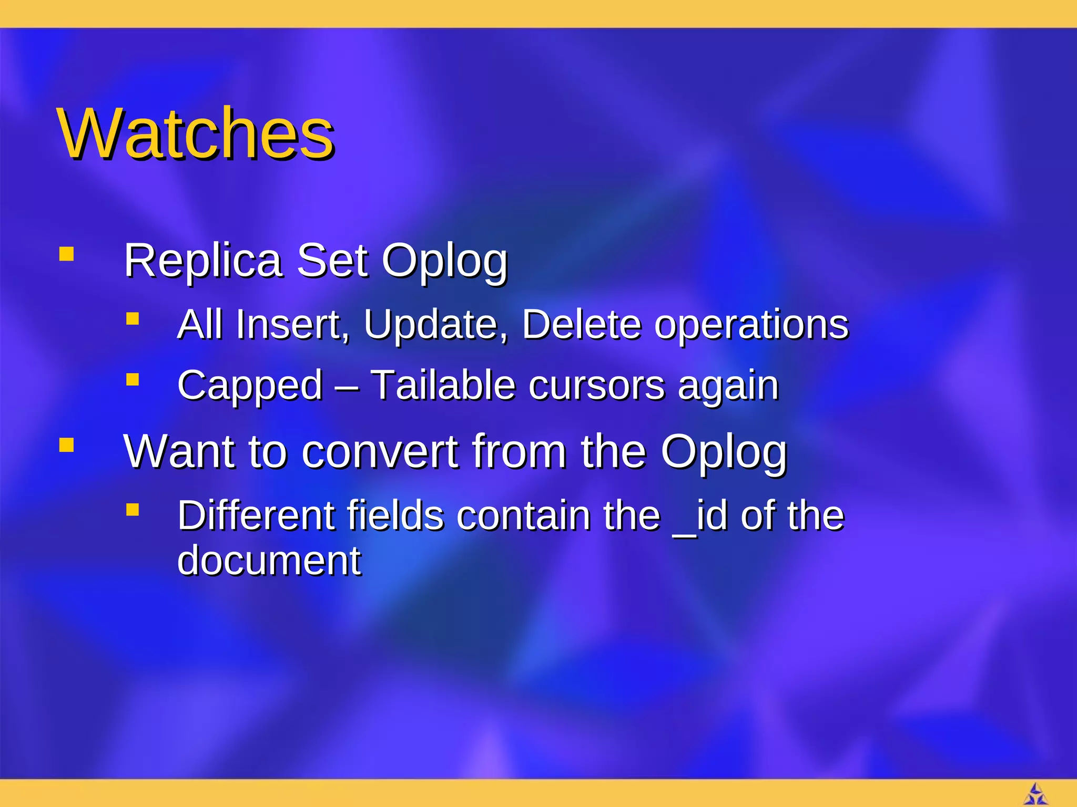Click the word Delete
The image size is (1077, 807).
tap(581, 324)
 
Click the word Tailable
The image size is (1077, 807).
tap(443, 385)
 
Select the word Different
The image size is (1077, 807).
tap(255, 515)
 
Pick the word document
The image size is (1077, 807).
tap(269, 561)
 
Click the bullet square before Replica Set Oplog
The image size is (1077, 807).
tap(66, 254)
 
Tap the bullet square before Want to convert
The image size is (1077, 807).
tap(66, 445)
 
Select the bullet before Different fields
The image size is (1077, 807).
tap(133, 509)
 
